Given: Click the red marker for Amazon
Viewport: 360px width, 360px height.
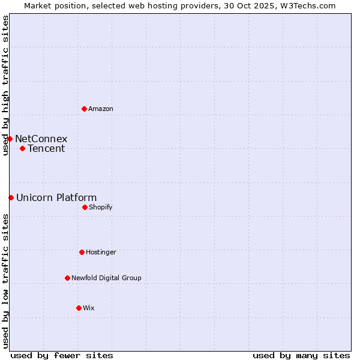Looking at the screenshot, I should tap(84, 109).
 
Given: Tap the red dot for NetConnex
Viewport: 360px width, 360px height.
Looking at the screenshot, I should tap(10, 139).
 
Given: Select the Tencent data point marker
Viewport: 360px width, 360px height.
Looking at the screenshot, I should tap(22, 148).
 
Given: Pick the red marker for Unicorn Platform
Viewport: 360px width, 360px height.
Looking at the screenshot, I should tap(11, 197).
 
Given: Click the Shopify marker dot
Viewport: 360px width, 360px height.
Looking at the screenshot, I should tap(85, 207).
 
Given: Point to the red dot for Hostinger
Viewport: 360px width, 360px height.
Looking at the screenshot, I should tap(82, 252).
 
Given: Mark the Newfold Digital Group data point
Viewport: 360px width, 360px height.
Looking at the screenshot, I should tap(67, 278).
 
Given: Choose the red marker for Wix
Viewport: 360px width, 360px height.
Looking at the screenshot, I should tap(79, 308).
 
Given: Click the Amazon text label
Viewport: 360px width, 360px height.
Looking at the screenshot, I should tap(101, 109).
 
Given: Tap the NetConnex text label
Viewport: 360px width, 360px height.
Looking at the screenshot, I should tap(41, 139).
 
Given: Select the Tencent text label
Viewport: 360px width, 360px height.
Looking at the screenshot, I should tap(46, 148).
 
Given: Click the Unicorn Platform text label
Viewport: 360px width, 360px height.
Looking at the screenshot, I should tap(56, 197).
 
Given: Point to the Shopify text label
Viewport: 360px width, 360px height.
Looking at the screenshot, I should tap(101, 207).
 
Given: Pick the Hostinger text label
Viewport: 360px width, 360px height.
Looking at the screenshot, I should tap(101, 252).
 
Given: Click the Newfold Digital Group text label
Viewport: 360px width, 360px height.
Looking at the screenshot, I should tap(107, 278).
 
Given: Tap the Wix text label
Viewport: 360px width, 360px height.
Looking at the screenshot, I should tap(89, 308).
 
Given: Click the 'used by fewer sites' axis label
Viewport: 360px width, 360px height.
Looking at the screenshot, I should tap(62, 355).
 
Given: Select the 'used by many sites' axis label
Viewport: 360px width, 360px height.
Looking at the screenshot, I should tap(301, 355).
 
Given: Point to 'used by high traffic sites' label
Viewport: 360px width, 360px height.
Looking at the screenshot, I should tap(5, 85).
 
